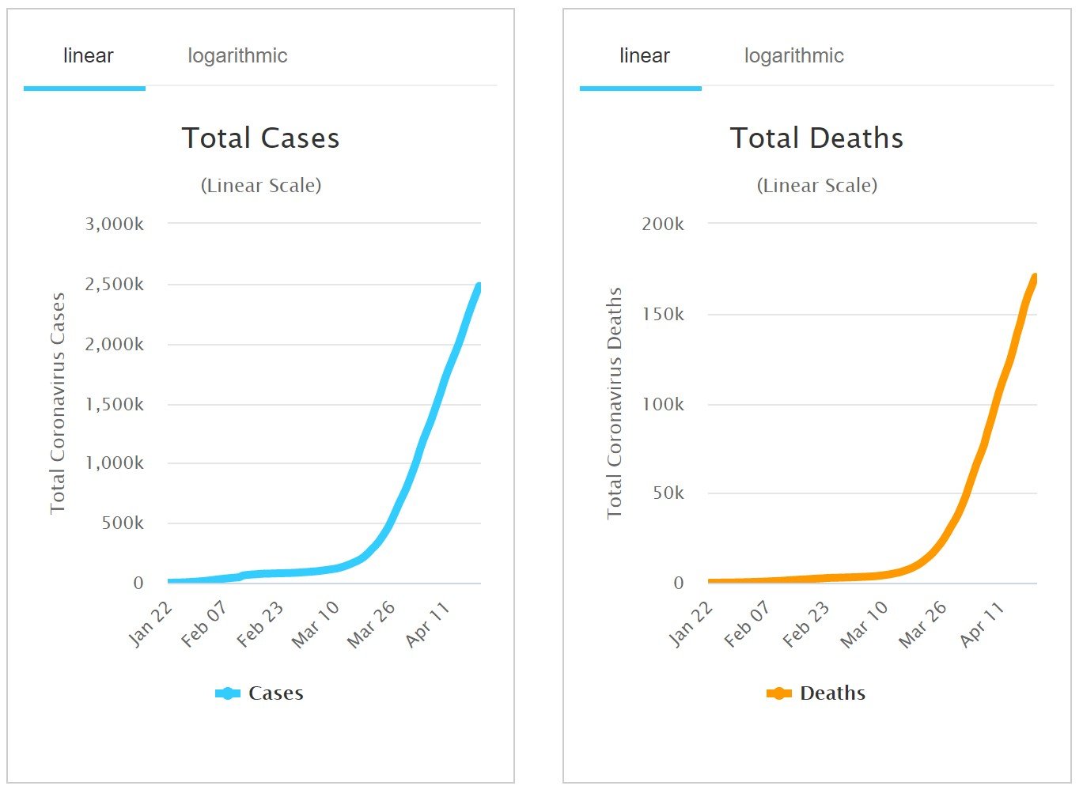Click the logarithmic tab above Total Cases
point(237,56)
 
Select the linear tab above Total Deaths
point(644,56)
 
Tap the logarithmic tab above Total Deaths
point(793,56)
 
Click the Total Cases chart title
point(260,138)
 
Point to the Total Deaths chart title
point(816,138)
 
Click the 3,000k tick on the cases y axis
point(115,225)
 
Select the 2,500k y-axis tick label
point(115,285)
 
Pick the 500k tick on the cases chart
point(123,523)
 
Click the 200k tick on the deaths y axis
point(663,225)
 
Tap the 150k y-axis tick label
point(663,315)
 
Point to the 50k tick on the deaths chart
point(668,493)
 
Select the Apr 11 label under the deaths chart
point(982,624)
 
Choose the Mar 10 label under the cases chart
point(315,624)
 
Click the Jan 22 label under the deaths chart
point(691,624)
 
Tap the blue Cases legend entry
point(259,693)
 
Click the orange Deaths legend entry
point(816,693)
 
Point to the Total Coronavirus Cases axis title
point(58,403)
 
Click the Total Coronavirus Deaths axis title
point(615,403)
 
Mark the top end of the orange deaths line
point(1035,278)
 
